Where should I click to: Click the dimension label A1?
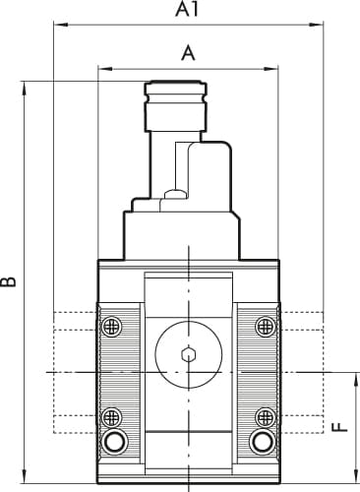[187, 9]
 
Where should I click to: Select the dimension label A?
[188, 53]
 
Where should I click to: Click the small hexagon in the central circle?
[189, 354]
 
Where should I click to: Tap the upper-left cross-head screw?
[112, 327]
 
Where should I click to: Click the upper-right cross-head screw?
[266, 327]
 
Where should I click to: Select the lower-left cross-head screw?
[112, 417]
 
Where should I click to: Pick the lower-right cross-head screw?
[266, 417]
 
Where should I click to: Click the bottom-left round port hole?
[114, 442]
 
